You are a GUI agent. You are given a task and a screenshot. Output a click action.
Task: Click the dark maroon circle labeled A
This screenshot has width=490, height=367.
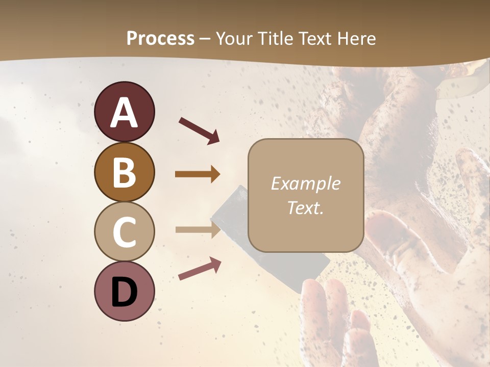(x=125, y=112)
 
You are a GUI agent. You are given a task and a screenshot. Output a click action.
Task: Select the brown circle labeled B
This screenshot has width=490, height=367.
(x=125, y=172)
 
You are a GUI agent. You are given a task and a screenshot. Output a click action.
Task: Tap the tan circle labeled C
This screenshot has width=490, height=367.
(x=125, y=232)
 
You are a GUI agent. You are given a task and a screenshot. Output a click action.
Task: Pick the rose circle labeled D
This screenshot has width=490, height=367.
(x=125, y=292)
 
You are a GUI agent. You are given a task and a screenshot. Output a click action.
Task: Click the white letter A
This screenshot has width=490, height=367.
(x=125, y=113)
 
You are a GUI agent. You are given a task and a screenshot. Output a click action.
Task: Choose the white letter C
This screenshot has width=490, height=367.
(x=125, y=232)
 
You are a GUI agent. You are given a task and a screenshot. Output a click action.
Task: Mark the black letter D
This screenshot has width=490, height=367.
(x=125, y=292)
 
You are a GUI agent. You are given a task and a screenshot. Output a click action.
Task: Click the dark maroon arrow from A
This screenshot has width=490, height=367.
(x=199, y=130)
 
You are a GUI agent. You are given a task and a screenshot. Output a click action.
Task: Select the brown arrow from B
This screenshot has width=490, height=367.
(x=198, y=174)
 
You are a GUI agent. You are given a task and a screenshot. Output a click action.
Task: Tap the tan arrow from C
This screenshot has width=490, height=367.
(x=198, y=229)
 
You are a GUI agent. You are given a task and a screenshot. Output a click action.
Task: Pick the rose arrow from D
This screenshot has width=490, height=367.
(x=200, y=269)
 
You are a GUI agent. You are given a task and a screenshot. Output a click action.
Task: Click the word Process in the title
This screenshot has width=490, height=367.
(x=160, y=39)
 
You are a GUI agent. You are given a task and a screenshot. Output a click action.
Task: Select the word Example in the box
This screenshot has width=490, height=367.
(x=305, y=184)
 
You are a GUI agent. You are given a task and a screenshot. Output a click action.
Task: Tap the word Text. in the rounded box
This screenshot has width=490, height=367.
(x=305, y=207)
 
